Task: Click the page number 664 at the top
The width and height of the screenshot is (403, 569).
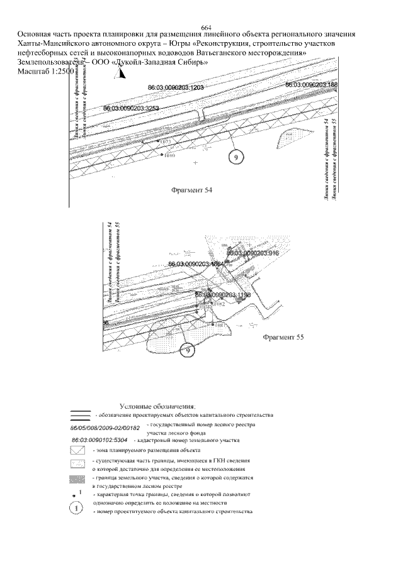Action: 205,26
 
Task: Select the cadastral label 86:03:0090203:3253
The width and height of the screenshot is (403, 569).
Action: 131,109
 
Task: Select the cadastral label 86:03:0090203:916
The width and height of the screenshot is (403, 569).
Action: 253,252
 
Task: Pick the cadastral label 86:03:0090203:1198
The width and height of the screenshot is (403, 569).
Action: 223,294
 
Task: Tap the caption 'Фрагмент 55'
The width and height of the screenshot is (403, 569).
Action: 283,337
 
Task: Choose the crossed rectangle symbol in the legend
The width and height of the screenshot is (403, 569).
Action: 77,451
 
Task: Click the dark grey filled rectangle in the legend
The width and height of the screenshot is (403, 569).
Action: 77,478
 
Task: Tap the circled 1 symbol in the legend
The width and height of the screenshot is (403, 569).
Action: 76,508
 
